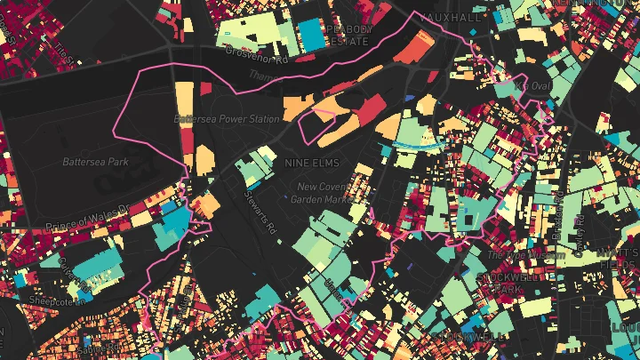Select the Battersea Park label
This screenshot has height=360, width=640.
[95, 162]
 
